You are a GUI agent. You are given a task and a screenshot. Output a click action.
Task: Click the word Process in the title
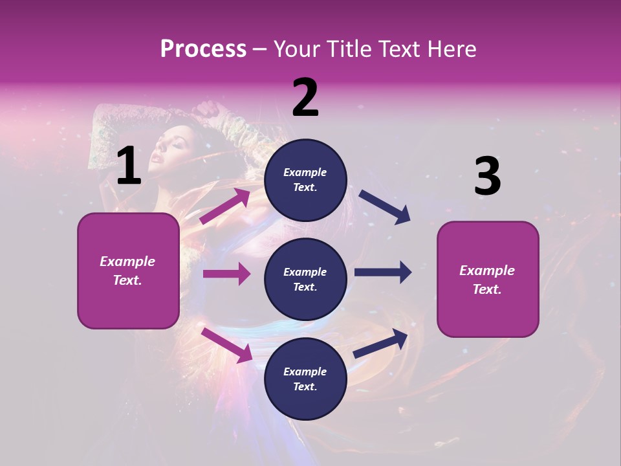coord(203,49)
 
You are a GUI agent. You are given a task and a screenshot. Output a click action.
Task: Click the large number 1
coord(129,166)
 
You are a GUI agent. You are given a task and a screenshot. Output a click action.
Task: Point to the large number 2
coord(305,98)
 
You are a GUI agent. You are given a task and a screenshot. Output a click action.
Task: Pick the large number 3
coord(487,176)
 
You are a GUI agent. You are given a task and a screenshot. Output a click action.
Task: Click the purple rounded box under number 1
coord(128,271)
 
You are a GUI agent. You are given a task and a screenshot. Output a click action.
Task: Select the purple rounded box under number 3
coord(488,280)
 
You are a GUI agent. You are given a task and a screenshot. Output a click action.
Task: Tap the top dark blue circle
coord(305,179)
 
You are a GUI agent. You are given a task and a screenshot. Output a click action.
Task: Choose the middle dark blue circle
coord(305,279)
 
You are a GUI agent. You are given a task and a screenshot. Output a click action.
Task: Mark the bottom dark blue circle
coord(305,379)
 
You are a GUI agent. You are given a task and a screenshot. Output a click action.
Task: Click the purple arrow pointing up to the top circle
coord(225,206)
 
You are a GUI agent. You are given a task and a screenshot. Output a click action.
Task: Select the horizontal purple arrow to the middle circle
coord(226,274)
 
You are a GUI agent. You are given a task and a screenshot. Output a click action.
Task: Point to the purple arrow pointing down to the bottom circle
coord(226,344)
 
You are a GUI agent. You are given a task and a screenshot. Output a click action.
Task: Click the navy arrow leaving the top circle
coord(384,207)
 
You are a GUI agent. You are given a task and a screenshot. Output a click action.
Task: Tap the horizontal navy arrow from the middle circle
coord(383,272)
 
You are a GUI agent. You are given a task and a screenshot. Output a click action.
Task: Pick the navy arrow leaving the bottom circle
coord(381,343)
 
